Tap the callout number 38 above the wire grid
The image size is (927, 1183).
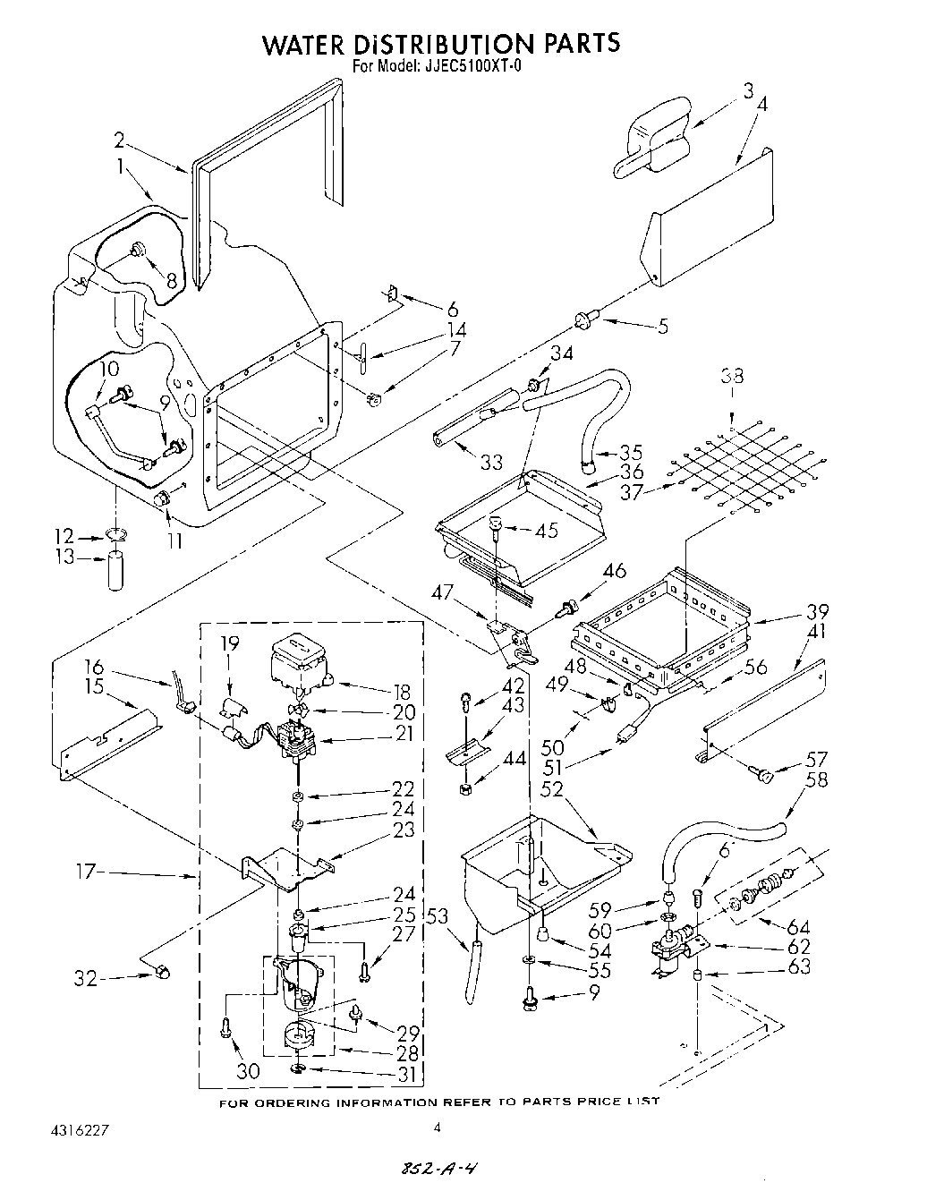coord(732,376)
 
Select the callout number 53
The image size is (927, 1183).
coord(438,916)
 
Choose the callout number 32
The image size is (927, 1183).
coord(85,979)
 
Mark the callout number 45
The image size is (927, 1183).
coord(545,531)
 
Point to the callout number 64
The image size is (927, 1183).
coord(798,925)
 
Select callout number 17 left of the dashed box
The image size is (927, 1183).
coord(90,871)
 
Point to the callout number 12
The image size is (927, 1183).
coord(64,537)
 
